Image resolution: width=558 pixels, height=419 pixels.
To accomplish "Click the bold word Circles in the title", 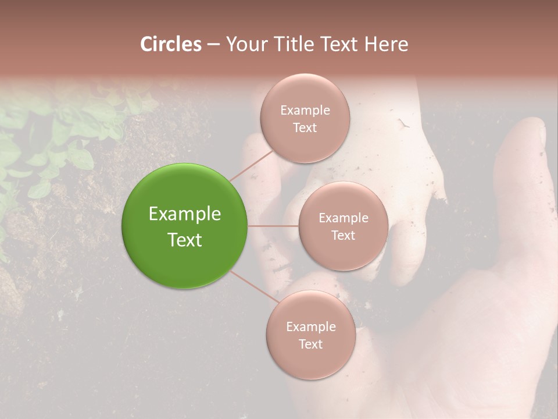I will pos(171,44).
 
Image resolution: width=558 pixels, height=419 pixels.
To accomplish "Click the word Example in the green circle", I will pos(185,214).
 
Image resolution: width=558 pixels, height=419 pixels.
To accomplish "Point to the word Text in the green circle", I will pos(185,240).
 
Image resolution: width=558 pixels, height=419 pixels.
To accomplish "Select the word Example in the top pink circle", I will pos(305,110).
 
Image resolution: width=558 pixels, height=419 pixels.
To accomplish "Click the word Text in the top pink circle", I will pos(305,127).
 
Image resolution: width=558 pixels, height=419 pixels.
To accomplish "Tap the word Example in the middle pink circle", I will pos(344,218).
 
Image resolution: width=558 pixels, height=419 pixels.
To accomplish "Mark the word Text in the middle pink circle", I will pos(344,235).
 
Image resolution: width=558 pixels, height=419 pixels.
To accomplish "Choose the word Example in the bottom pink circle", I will pos(311,326).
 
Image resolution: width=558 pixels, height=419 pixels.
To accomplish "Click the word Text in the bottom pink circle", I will pos(311,344).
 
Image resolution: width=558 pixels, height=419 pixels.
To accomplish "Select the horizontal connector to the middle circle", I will pos(273,226).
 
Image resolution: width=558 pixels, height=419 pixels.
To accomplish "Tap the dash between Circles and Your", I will pos(213,45).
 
